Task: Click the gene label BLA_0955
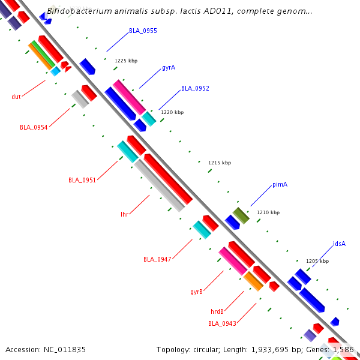143,31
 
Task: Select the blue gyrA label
169,67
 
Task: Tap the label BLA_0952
195,88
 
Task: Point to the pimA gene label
280,184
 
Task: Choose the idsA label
339,244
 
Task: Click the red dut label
16,97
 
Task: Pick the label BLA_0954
34,127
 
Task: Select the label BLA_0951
82,180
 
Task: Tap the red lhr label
125,214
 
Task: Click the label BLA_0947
157,259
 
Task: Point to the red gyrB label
196,292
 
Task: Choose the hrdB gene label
217,311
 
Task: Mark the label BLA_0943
222,323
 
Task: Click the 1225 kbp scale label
126,61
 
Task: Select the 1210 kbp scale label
268,212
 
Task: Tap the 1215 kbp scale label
220,163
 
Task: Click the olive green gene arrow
241,215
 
